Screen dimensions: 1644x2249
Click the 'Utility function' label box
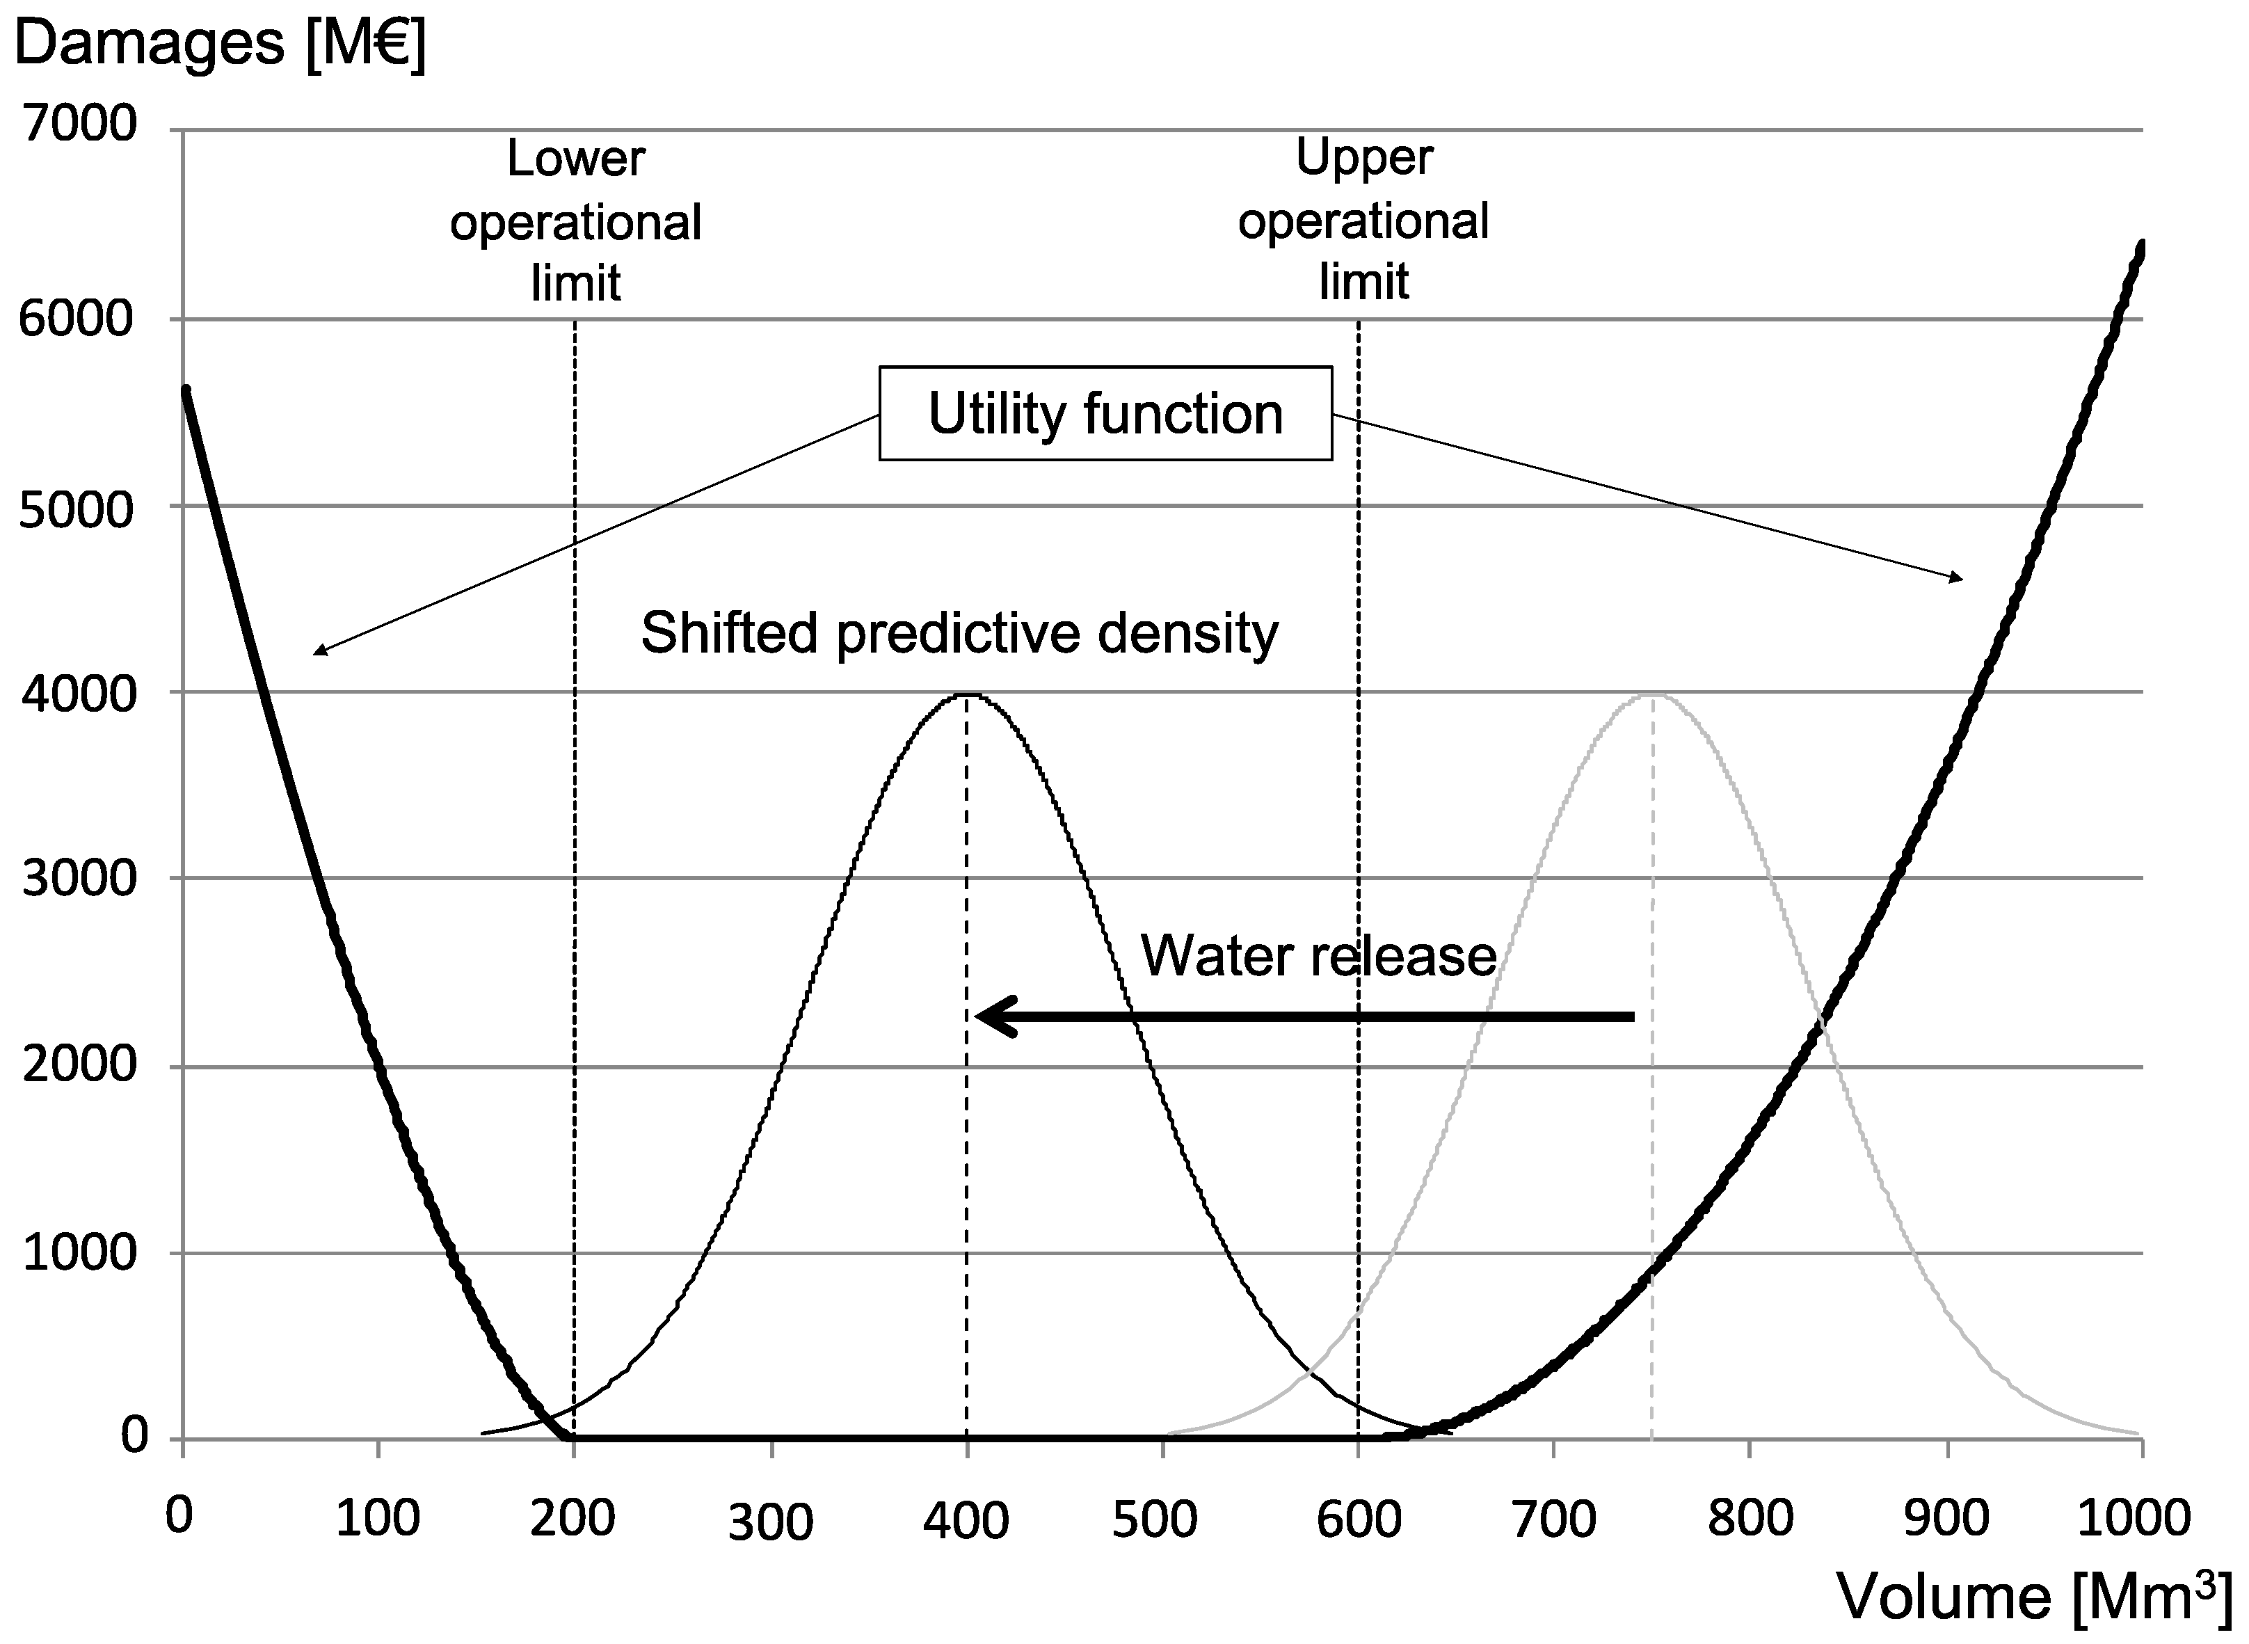(x=1105, y=414)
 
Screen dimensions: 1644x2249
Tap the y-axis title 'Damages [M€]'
(x=219, y=45)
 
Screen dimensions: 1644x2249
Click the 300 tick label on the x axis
(x=770, y=1522)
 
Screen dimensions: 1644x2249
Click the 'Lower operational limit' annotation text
(x=575, y=221)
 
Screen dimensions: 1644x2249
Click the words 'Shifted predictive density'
(x=959, y=633)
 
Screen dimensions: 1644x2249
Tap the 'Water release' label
(x=1318, y=955)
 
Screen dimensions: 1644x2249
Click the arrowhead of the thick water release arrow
(x=985, y=1016)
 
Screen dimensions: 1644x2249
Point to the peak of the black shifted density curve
(x=966, y=694)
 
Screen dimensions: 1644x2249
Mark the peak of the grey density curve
(x=1652, y=694)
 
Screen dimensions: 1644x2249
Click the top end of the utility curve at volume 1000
(x=2140, y=246)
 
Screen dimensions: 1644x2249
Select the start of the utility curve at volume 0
(x=185, y=391)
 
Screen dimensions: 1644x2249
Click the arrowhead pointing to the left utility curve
(x=317, y=653)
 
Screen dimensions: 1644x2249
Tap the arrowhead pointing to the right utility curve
(x=1960, y=579)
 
